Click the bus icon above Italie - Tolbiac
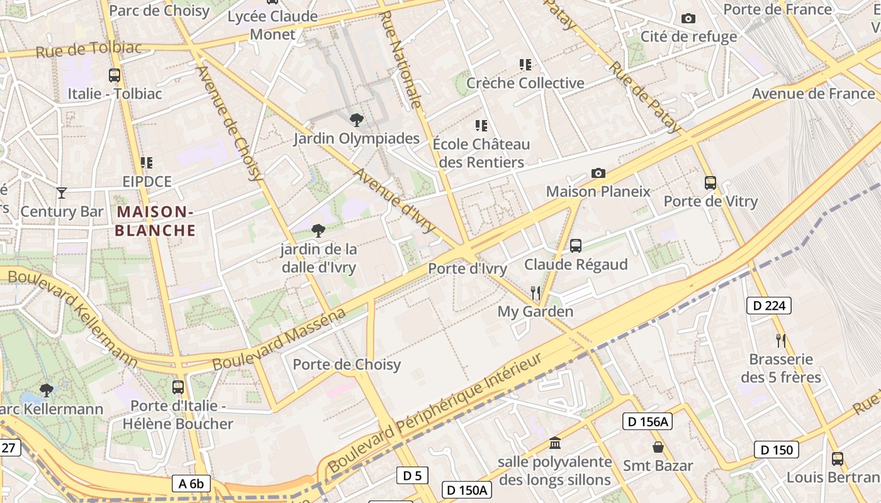[x=115, y=75]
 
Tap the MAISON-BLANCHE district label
[x=155, y=221]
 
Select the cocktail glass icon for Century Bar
[x=62, y=192]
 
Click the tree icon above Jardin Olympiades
[x=356, y=119]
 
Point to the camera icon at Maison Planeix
[x=598, y=173]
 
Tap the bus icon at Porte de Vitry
[x=710, y=183]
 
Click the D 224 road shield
[x=768, y=306]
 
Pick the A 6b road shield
[x=191, y=484]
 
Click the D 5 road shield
[x=412, y=475]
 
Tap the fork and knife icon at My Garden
[x=536, y=292]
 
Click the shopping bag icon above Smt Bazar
[x=658, y=447]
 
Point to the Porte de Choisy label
[x=347, y=365]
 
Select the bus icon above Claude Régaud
[x=576, y=246]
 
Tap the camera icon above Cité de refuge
[x=688, y=18]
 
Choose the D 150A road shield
[x=467, y=490]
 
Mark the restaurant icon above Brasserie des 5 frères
[x=781, y=341]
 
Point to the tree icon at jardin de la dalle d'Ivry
[x=318, y=231]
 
